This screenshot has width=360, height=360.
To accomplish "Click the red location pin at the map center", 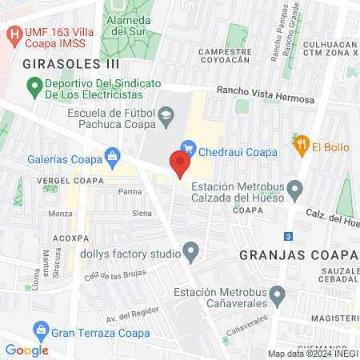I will [179, 163].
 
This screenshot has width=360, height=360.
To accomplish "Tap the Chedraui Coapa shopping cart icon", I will [188, 147].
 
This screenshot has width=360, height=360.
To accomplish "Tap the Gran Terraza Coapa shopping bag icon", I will [39, 330].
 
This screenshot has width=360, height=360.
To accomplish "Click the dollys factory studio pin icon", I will [190, 252].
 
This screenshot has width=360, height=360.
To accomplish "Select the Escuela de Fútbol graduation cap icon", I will [166, 118].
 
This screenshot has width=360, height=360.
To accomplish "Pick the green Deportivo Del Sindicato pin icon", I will [34, 84].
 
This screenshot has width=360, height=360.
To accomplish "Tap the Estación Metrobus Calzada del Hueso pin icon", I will [295, 190].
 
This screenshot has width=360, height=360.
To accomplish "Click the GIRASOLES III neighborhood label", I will [71, 62].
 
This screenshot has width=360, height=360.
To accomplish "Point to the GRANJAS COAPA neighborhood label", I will [297, 254].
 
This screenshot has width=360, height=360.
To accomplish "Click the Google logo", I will [26, 350].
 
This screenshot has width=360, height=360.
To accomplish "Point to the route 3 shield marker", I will [288, 237].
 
